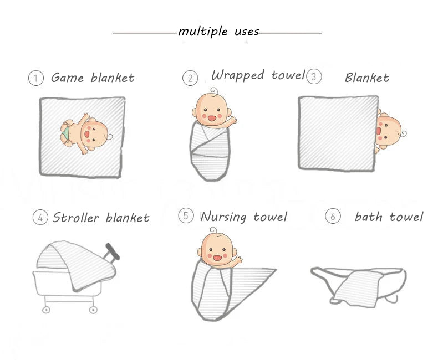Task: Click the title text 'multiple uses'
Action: click(x=218, y=32)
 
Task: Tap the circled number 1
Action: click(x=36, y=78)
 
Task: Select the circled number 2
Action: click(x=190, y=78)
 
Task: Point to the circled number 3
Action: click(x=314, y=76)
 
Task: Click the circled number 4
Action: click(x=40, y=218)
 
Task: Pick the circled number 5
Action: click(x=186, y=215)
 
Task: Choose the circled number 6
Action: click(x=333, y=216)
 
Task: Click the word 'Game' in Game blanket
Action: click(x=67, y=78)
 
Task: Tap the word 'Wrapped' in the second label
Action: click(x=238, y=75)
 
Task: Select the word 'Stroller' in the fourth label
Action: click(x=76, y=218)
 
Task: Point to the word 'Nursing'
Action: click(x=223, y=217)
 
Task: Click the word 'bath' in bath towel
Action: click(x=368, y=217)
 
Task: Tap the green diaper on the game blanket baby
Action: click(x=65, y=133)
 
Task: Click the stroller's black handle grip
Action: click(x=113, y=251)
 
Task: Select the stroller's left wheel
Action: click(x=46, y=310)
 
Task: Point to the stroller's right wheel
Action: click(x=93, y=310)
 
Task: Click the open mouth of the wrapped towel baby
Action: click(x=212, y=119)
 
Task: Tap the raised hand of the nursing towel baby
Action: click(x=238, y=260)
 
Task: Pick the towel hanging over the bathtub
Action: click(x=358, y=289)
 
